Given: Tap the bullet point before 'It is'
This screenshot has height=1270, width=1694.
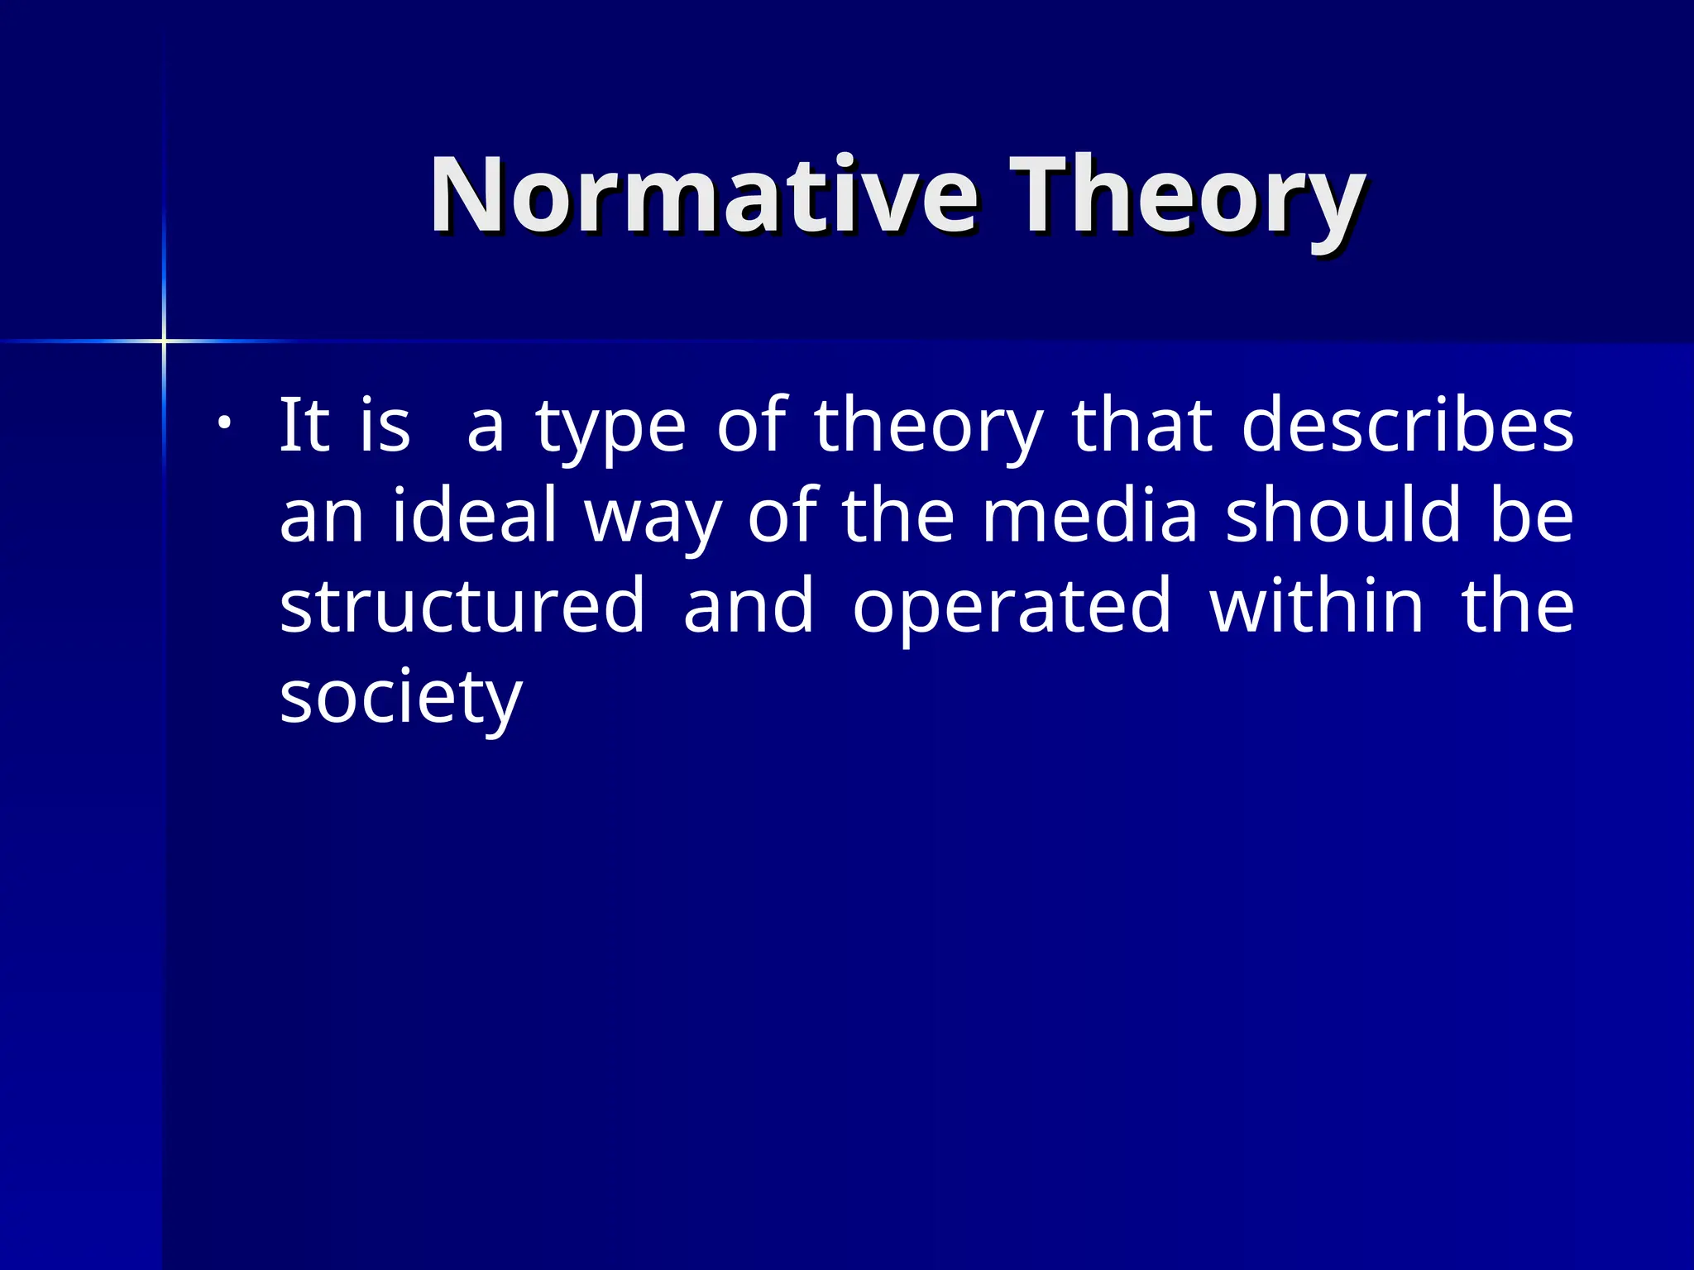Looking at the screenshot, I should tap(223, 424).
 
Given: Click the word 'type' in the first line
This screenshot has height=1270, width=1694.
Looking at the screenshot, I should tap(610, 430).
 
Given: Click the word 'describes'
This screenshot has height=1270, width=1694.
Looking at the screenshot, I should tap(1407, 426).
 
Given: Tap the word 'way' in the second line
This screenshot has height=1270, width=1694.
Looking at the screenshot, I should tap(653, 521).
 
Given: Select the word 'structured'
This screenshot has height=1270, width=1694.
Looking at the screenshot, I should tap(462, 605).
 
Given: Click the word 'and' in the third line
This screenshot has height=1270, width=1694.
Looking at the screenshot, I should tap(749, 605).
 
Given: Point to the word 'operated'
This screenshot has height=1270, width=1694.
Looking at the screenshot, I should tap(1012, 609).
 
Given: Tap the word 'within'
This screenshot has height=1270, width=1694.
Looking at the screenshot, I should tap(1316, 605).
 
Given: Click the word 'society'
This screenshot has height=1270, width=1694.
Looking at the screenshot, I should tap(401, 699).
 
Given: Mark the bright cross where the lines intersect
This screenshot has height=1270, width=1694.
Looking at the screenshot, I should tap(164, 341).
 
